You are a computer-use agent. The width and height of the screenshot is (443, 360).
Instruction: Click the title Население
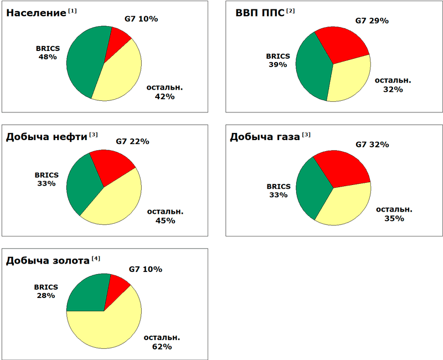36,13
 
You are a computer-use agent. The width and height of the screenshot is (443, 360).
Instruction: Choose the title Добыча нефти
47,136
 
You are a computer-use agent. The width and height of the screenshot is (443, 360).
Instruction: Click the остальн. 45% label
164,216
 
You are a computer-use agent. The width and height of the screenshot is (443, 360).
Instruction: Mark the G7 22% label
132,141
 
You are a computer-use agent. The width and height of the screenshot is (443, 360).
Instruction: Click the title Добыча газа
265,136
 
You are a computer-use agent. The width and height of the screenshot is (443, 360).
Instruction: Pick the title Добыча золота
48,260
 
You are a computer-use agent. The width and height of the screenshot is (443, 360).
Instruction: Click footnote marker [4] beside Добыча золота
96,258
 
